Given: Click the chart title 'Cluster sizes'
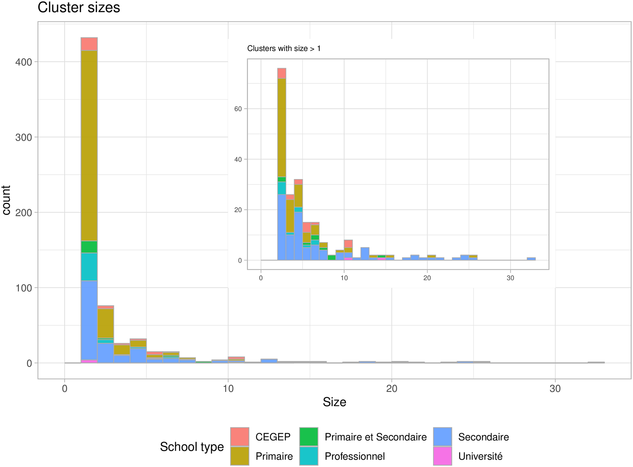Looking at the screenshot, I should [79, 8].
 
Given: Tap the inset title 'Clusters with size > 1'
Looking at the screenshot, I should [284, 48].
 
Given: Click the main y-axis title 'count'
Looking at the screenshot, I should [6, 200].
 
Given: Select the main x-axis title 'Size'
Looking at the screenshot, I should [334, 402].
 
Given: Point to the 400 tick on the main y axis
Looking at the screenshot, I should [24, 62].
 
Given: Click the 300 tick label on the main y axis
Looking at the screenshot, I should [24, 138].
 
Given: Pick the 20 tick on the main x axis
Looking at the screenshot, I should [392, 388].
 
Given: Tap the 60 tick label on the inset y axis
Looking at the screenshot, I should [238, 109].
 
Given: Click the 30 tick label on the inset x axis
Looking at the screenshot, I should [510, 278].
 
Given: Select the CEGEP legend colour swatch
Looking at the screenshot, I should [240, 437].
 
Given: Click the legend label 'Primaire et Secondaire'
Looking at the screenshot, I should [375, 437].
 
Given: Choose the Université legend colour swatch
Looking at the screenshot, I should [442, 456].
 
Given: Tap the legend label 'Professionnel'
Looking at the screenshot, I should [354, 456].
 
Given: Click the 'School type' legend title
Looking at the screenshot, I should [192, 447].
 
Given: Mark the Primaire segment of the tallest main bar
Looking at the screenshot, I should [89, 146].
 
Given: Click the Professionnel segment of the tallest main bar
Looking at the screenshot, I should [89, 267].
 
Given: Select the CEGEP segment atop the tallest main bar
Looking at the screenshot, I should [89, 44].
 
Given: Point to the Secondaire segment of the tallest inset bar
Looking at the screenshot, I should [282, 227].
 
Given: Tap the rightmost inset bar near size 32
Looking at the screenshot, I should [531, 259].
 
